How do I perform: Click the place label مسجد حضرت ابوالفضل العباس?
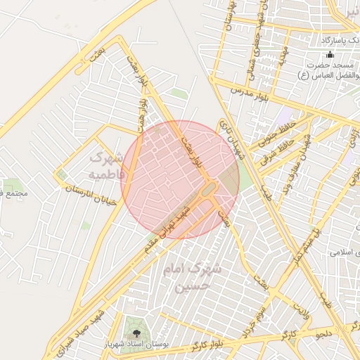click(330, 70)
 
